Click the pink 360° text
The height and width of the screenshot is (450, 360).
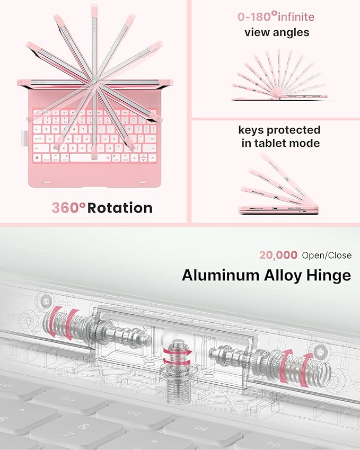pyautogui.click(x=68, y=207)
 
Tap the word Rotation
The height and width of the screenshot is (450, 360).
pyautogui.click(x=120, y=208)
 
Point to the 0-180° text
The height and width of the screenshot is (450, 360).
pyautogui.click(x=258, y=16)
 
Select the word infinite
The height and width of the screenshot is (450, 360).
pyautogui.click(x=296, y=17)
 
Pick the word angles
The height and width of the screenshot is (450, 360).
pyautogui.click(x=290, y=33)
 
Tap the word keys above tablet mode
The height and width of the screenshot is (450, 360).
pyautogui.click(x=251, y=130)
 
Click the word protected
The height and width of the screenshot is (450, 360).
pyautogui.click(x=293, y=130)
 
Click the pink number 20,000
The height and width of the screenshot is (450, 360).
pyautogui.click(x=278, y=255)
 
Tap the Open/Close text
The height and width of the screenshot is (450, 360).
pyautogui.click(x=327, y=255)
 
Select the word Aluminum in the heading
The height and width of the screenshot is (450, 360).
pyautogui.click(x=221, y=275)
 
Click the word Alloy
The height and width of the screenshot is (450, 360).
pyautogui.click(x=283, y=276)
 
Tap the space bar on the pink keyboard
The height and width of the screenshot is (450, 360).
pyautogui.click(x=90, y=157)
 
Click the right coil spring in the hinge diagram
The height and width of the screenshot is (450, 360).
pyautogui.click(x=298, y=368)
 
